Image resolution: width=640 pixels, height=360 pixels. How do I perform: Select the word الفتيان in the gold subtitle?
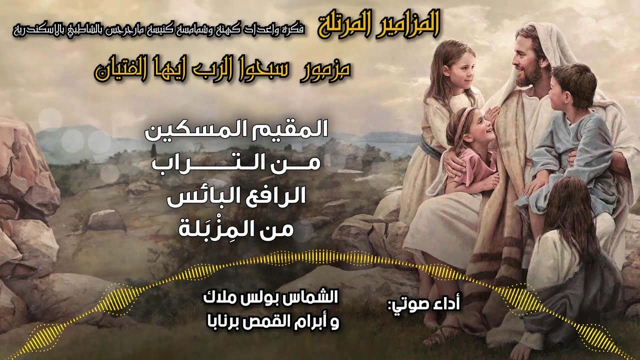point(122,71)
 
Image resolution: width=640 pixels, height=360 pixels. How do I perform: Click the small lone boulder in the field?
point(106,220)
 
